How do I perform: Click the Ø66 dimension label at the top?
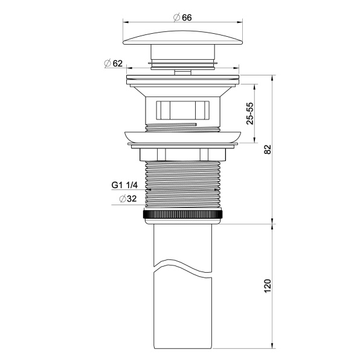pos(183,17)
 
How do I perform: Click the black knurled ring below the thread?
pos(183,215)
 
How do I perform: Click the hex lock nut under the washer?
pos(183,154)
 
